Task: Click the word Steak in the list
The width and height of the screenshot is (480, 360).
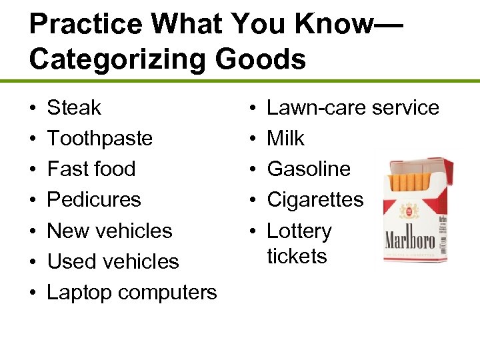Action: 74,107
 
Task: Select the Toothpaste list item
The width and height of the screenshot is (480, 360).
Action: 100,139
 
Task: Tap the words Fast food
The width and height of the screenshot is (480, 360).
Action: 91,169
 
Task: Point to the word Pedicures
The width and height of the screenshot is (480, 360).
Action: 94,200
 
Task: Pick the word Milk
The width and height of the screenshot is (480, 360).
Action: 285,139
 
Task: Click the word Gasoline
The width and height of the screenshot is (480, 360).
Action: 309,169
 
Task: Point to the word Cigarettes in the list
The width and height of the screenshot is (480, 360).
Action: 315,200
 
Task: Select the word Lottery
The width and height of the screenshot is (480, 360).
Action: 299,231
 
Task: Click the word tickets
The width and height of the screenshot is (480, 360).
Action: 297,256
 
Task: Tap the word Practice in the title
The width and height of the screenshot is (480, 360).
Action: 85,25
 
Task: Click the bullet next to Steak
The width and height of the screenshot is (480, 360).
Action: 33,108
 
